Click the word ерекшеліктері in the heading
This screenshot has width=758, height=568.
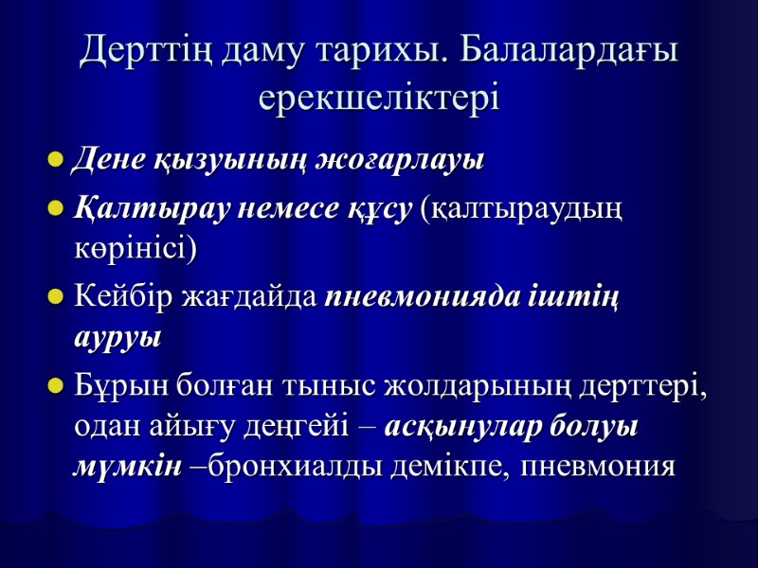pos(379,98)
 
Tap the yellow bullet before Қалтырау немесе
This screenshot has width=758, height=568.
pos(56,207)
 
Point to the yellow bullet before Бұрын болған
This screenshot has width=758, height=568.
pos(56,386)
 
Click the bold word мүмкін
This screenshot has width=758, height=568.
pos(127,468)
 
